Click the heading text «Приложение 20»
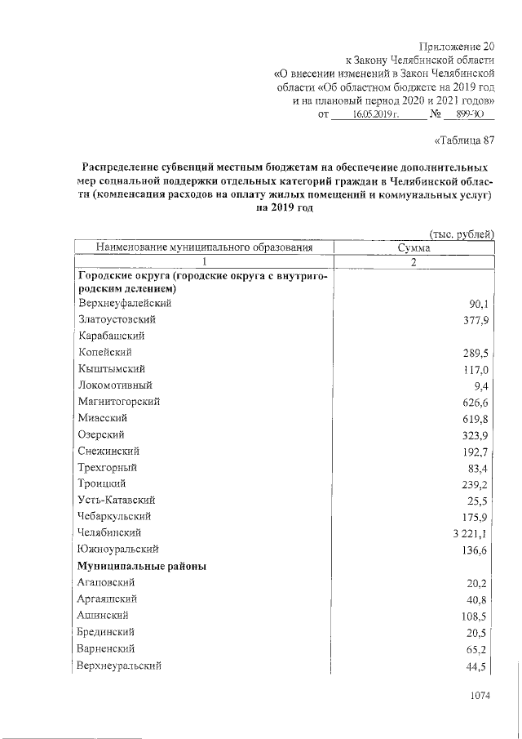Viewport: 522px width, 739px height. click(455, 46)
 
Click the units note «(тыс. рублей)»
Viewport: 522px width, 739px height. click(462, 234)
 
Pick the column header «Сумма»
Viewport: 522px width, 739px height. click(414, 247)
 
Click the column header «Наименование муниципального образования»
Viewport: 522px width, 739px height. click(204, 247)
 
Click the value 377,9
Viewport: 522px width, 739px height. click(476, 320)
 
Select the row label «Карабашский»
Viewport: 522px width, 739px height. click(112, 336)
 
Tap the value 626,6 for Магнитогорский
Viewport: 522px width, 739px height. click(476, 402)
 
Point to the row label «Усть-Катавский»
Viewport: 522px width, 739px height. click(117, 500)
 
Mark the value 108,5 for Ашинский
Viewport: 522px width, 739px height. click(476, 616)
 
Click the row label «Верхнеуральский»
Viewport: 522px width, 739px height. click(119, 665)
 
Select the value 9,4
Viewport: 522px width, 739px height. click(480, 385)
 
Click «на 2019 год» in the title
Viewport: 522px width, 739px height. click(285, 208)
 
